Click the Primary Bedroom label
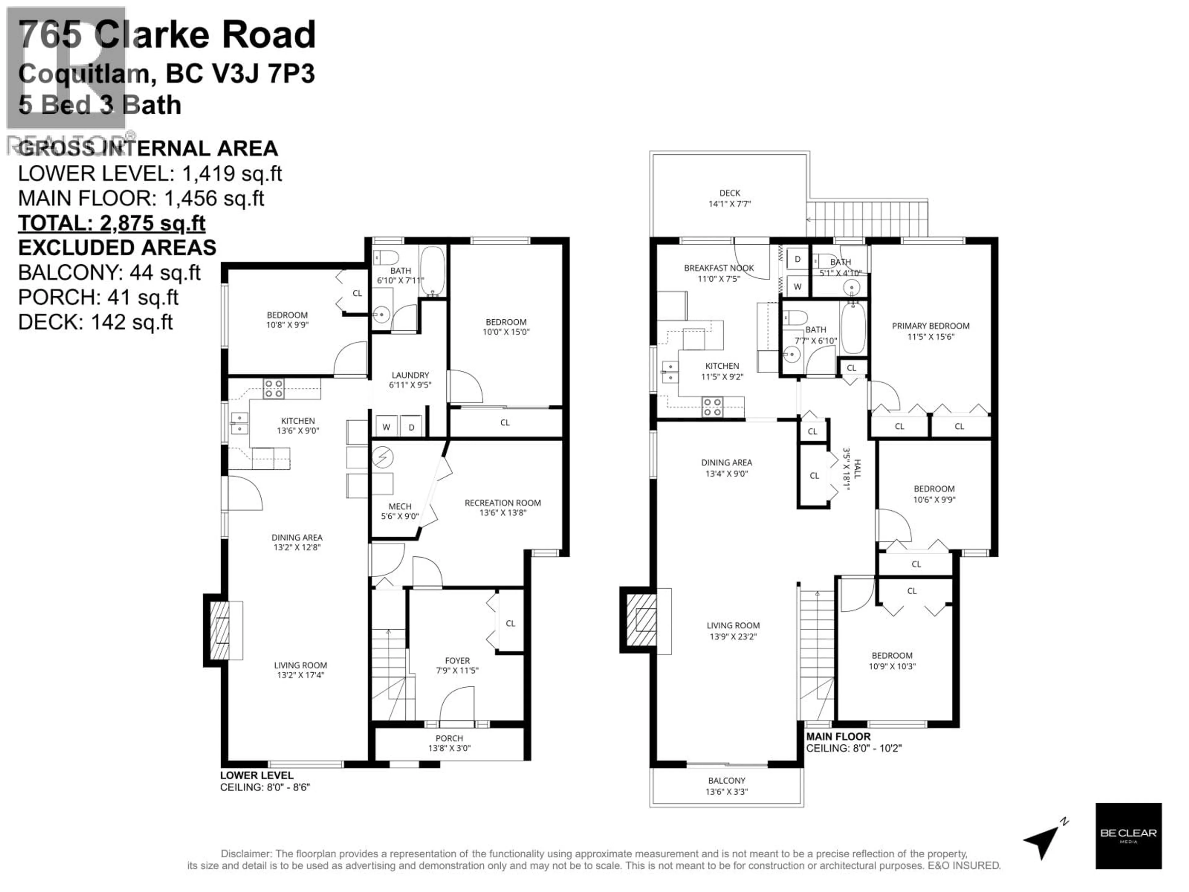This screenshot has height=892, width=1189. (x=930, y=326)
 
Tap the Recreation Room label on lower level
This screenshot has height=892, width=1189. (x=503, y=503)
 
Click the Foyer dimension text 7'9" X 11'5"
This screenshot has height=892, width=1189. (x=457, y=671)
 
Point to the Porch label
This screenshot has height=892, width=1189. (x=449, y=738)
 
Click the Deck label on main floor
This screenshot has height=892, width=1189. (x=730, y=193)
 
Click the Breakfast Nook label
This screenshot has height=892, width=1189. (x=719, y=268)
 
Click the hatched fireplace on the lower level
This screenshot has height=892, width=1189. (x=219, y=630)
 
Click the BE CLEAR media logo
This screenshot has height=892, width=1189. (x=1128, y=836)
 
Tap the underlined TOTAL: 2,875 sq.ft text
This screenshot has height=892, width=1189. (x=112, y=223)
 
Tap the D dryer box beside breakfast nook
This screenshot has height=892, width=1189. (x=798, y=259)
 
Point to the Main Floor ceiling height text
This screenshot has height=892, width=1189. (x=854, y=748)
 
